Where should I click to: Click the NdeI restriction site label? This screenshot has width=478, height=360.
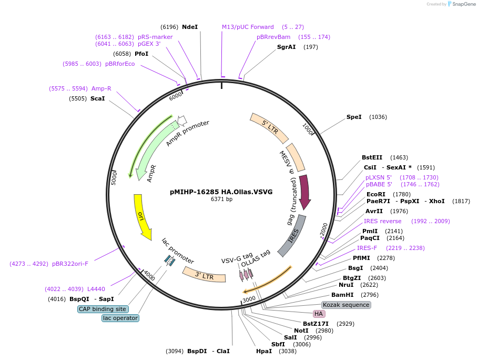189,27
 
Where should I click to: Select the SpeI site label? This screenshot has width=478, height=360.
353,117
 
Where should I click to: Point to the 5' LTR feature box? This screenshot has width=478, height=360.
269,127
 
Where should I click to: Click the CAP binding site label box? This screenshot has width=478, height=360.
103,309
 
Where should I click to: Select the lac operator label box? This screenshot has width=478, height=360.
120,318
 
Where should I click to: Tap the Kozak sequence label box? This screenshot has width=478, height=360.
346,305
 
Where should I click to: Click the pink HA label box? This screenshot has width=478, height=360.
319,314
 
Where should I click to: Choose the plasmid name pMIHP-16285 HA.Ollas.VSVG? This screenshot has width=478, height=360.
221,192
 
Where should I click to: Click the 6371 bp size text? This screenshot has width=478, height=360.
221,199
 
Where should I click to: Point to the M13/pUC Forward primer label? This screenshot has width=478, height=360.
248,27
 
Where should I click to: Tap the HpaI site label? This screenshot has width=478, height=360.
263,351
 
